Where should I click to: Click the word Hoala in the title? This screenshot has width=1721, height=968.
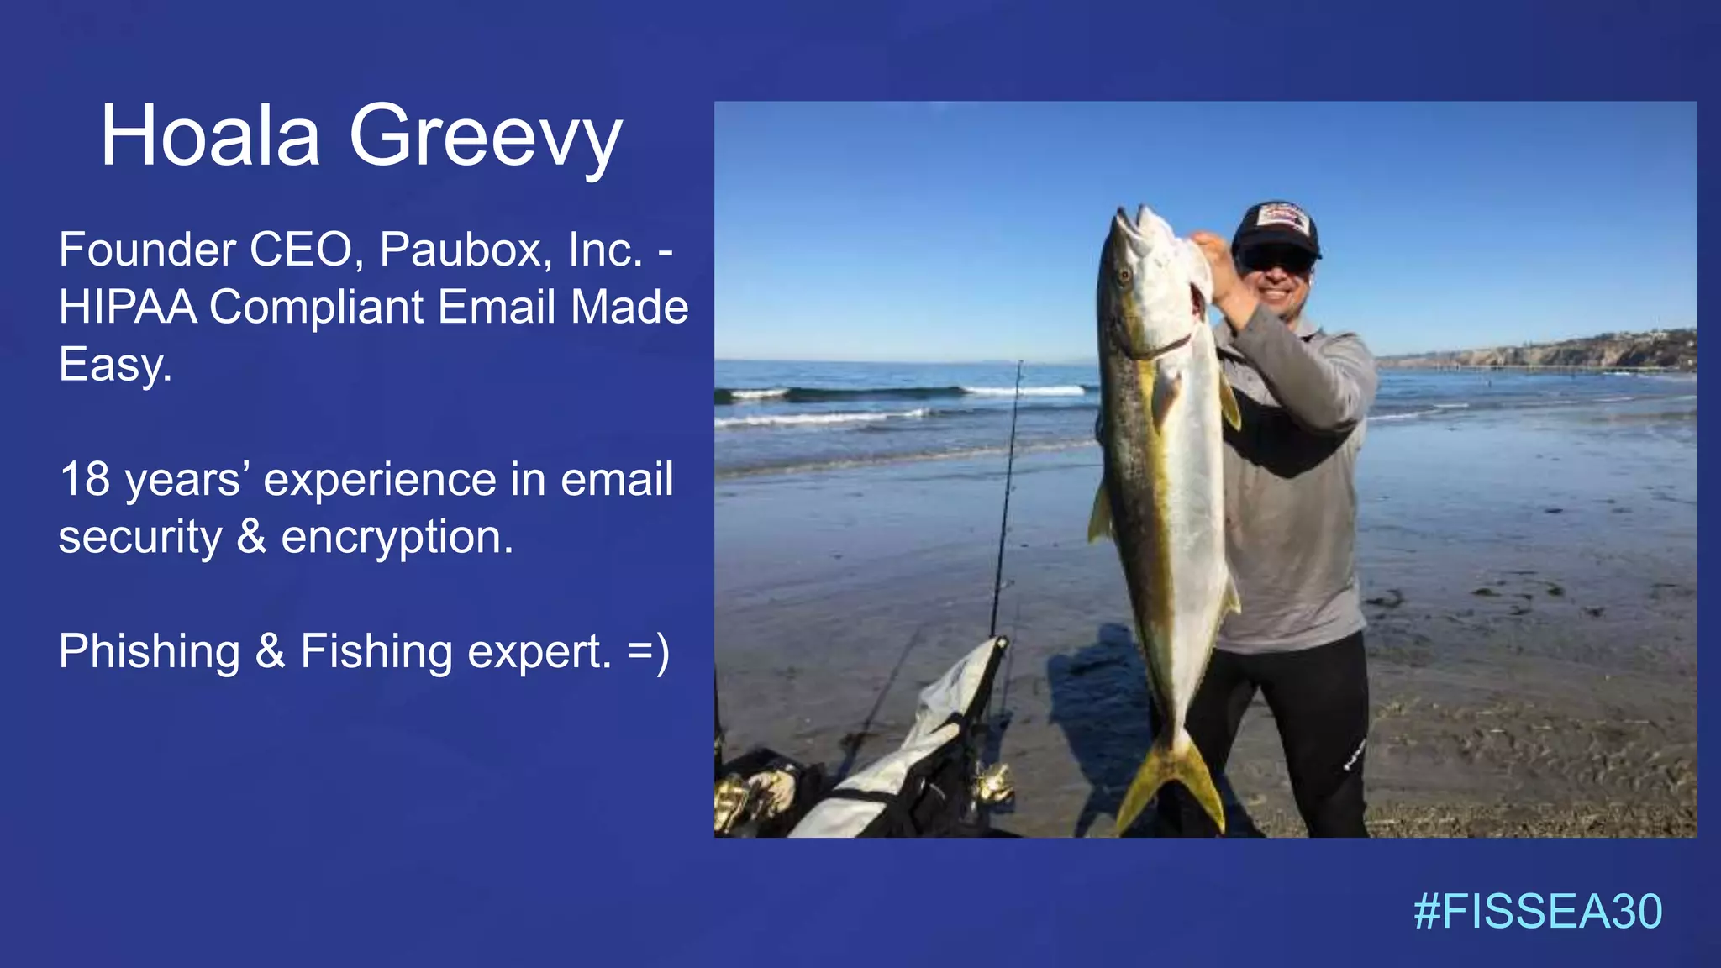coord(210,136)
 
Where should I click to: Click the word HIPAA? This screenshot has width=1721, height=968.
coord(128,307)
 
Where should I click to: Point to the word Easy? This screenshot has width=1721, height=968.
coord(115,365)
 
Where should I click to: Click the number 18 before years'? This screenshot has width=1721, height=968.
coord(85,480)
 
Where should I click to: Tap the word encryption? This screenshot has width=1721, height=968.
coord(397,537)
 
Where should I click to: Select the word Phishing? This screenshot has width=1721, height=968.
coord(150,652)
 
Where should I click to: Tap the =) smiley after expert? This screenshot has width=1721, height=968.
coord(649,652)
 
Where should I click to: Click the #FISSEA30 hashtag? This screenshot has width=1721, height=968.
coord(1537,912)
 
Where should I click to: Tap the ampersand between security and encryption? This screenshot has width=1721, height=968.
coord(251,537)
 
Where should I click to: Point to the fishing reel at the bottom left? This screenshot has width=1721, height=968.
coord(992,786)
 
